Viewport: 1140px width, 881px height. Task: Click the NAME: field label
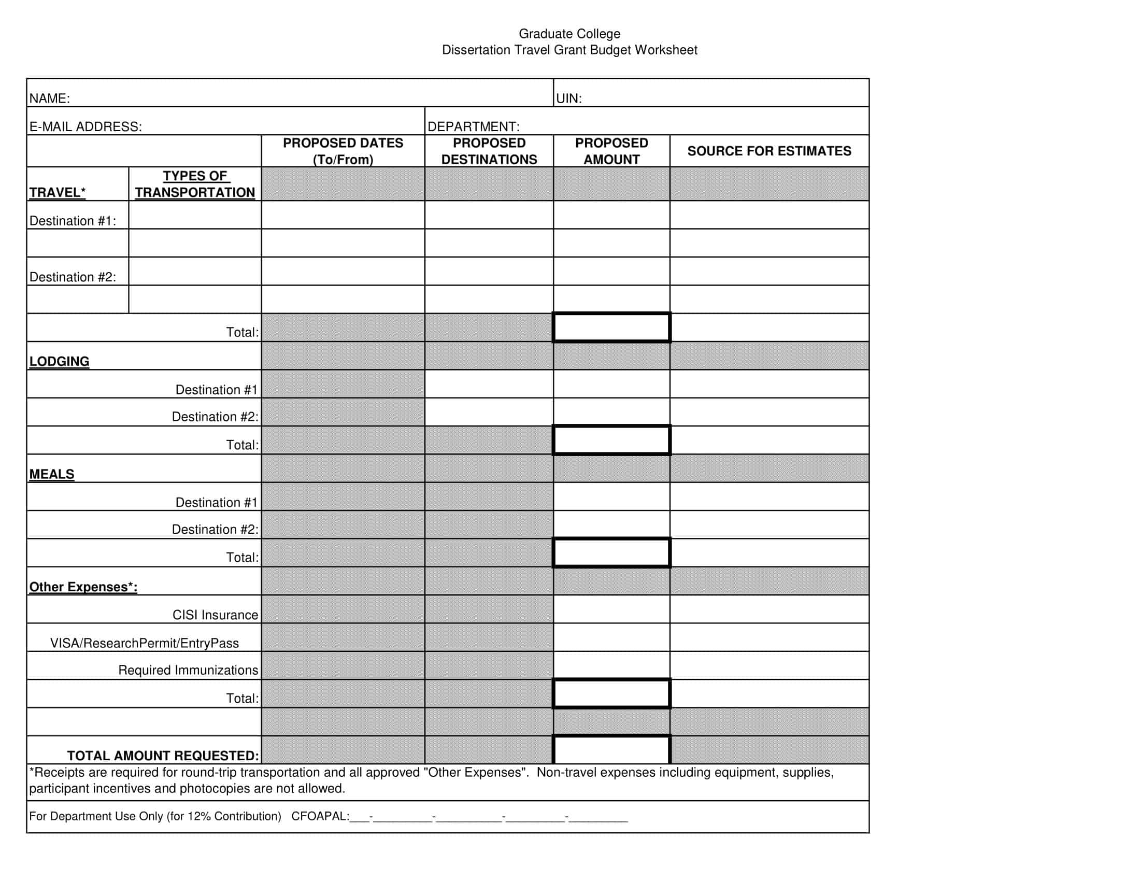50,98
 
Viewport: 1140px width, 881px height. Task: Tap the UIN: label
568,98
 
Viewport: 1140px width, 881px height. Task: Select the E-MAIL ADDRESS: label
85,127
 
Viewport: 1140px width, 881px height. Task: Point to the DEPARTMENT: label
473,127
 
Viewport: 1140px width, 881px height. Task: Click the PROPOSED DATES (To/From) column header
343,151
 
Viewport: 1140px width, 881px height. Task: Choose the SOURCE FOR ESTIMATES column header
769,151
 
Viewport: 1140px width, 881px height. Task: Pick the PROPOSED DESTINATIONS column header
489,151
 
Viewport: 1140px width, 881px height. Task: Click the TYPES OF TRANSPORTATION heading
195,184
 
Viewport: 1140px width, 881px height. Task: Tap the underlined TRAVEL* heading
57,193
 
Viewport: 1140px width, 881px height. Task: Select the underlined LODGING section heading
59,362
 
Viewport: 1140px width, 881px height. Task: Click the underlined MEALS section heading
52,474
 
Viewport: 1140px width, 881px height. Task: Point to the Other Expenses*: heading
83,587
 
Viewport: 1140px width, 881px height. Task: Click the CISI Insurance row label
215,615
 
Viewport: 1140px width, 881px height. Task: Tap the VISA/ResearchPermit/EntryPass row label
144,644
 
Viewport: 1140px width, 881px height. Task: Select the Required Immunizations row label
188,671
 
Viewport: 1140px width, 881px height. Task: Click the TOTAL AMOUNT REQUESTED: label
162,756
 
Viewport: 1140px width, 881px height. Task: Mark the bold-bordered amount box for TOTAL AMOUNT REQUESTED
611,750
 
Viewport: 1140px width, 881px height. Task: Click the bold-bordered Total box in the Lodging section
611,440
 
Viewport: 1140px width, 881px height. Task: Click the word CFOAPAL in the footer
319,816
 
